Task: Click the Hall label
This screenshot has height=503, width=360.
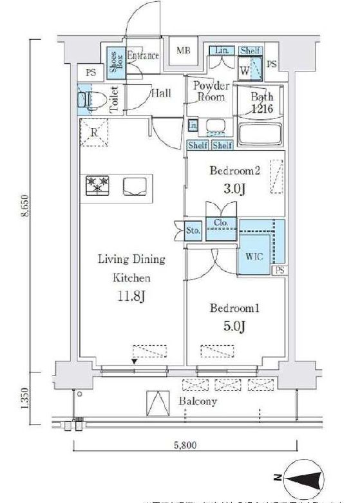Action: (160, 93)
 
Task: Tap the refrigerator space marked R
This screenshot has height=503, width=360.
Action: (94, 134)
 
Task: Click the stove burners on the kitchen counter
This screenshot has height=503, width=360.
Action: (99, 186)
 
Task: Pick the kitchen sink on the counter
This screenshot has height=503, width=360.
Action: (135, 186)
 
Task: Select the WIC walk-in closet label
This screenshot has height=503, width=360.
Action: (254, 256)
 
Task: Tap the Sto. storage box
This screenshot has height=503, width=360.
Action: (193, 231)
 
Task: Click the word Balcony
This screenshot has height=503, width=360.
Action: (198, 401)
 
